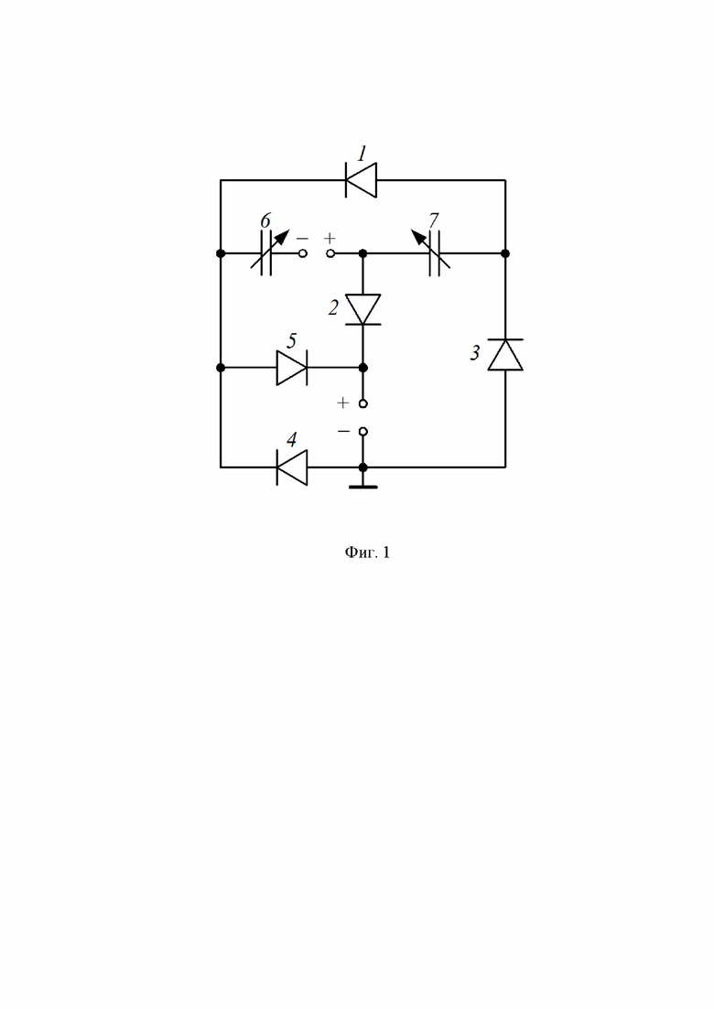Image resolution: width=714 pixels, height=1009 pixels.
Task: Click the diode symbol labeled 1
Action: (362, 180)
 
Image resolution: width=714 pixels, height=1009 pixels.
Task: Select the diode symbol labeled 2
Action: (363, 309)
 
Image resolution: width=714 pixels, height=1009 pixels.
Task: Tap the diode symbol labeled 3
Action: (505, 355)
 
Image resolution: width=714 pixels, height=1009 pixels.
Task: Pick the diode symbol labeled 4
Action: (292, 467)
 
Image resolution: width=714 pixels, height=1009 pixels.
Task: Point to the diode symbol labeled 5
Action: (292, 368)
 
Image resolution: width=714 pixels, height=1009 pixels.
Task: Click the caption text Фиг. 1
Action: (367, 553)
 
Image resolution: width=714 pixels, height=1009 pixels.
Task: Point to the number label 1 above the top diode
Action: (362, 154)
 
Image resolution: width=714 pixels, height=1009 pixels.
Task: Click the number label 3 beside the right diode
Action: (475, 352)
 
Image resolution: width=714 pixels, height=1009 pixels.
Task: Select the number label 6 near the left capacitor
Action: (265, 220)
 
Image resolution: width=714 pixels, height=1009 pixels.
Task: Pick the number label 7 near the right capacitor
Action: (433, 220)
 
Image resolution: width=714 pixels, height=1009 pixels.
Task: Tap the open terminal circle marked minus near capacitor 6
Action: (303, 253)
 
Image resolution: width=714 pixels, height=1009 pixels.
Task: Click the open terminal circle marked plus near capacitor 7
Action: (330, 253)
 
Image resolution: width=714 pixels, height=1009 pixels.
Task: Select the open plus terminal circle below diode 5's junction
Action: (363, 403)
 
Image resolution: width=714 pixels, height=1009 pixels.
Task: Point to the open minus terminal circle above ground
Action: (363, 431)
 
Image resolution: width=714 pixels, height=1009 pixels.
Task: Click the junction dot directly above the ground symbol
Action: (363, 467)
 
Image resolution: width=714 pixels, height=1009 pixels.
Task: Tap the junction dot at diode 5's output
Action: (363, 368)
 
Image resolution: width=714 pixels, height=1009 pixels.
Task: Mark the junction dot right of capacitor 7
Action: (505, 253)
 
